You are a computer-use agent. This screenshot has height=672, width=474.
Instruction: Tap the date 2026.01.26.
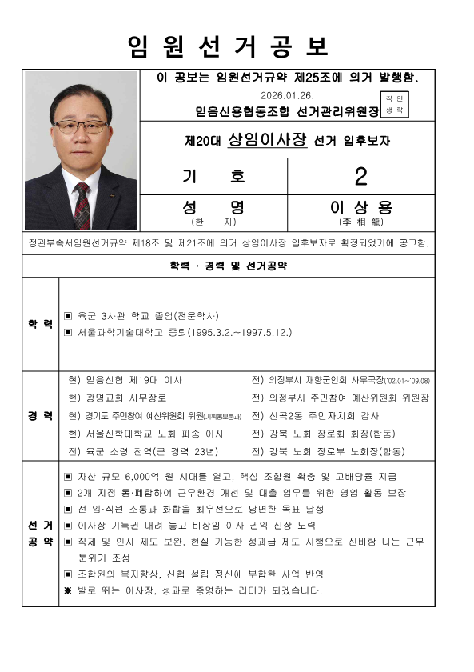tap(273, 94)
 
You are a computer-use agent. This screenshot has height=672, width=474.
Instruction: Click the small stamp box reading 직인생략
tap(394, 104)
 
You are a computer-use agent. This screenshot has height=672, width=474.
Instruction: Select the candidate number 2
tap(360, 176)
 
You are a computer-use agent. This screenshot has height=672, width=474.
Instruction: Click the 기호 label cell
tap(213, 176)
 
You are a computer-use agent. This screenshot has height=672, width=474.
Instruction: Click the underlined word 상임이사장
tap(267, 139)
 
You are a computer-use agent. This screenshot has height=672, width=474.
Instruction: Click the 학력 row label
tap(40, 324)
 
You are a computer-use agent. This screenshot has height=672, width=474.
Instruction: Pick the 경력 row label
tap(40, 416)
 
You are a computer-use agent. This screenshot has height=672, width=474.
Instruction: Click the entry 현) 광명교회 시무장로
tap(115, 398)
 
